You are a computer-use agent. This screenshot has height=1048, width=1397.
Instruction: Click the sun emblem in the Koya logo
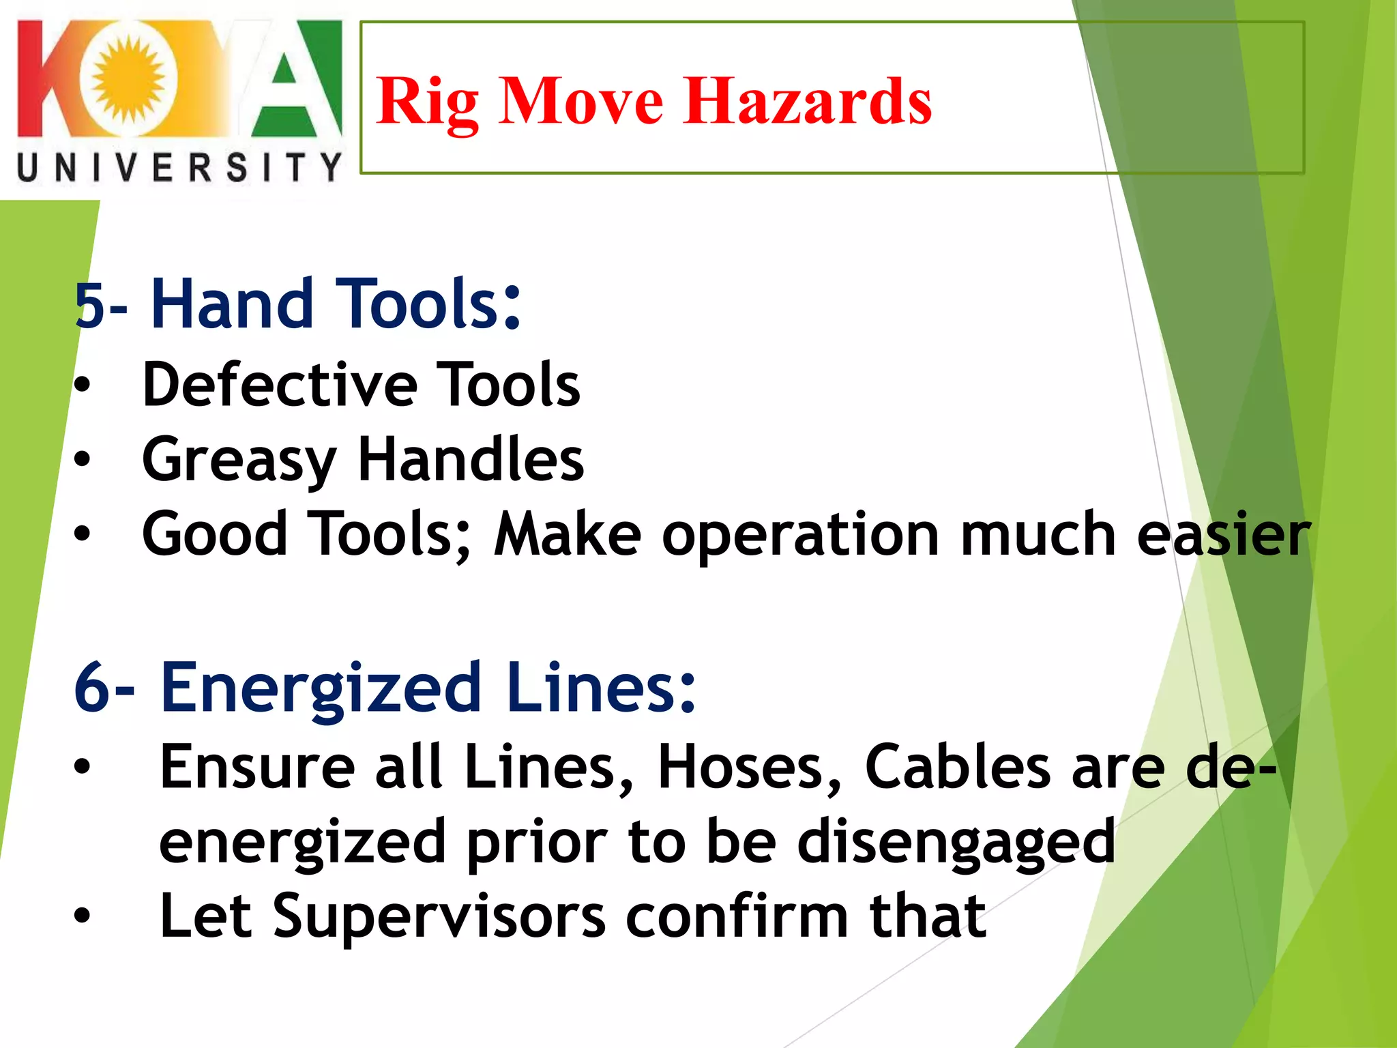[x=128, y=78]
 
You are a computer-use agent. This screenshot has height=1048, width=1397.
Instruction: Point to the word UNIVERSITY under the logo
[x=179, y=168]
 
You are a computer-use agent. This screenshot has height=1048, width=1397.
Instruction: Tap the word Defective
[x=280, y=385]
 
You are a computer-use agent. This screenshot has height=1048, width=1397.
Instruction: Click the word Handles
[x=471, y=459]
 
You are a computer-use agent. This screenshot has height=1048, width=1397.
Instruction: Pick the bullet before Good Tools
[x=82, y=534]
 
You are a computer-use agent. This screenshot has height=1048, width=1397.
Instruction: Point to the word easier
[x=1223, y=534]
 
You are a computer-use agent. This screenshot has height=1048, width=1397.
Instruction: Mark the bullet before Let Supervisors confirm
[x=82, y=916]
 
